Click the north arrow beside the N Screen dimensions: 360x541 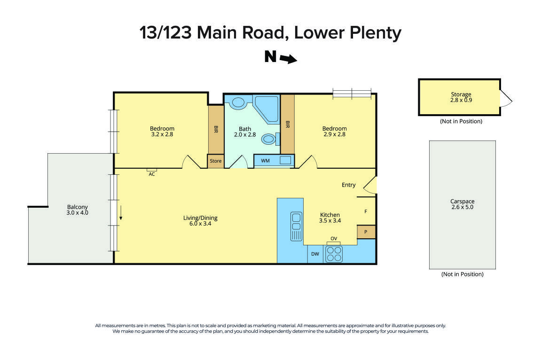[288, 59]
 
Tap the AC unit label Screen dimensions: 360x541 [152, 174]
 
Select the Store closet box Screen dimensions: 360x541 [216, 161]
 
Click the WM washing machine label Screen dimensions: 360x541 [266, 161]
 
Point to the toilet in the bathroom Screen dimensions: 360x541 [269, 139]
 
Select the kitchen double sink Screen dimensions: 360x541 [296, 226]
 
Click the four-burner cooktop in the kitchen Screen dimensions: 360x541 [334, 254]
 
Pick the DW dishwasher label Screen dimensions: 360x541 [315, 254]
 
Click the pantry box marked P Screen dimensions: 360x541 [366, 232]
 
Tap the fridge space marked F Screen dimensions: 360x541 [366, 211]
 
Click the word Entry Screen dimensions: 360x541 [348, 185]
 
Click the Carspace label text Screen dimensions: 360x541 [462, 201]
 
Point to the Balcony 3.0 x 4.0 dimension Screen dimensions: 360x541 [78, 212]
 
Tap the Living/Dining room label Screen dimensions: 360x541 [200, 218]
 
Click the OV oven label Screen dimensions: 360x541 [334, 239]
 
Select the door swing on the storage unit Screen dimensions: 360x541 [506, 98]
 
